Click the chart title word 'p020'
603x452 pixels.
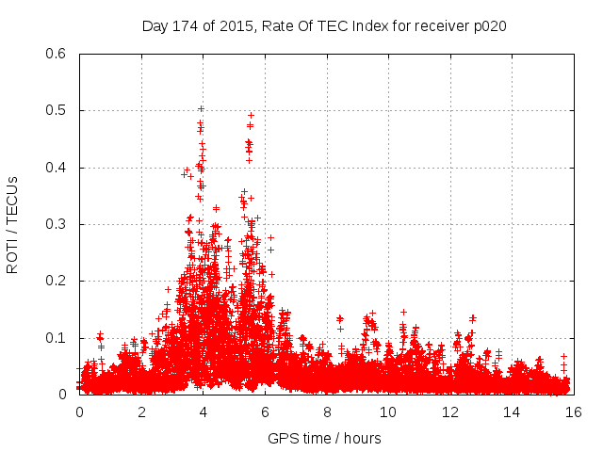click(x=490, y=25)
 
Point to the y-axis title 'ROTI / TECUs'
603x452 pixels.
click(x=12, y=224)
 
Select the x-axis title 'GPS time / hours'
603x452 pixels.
click(x=325, y=438)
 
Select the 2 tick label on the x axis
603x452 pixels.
click(x=141, y=412)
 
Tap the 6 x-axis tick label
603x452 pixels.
click(x=265, y=412)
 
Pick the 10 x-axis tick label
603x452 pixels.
click(x=388, y=412)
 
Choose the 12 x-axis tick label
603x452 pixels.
click(x=449, y=412)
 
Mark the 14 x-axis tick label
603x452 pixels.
click(x=512, y=412)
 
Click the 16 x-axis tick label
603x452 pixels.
click(x=573, y=412)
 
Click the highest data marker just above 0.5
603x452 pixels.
click(x=201, y=108)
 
